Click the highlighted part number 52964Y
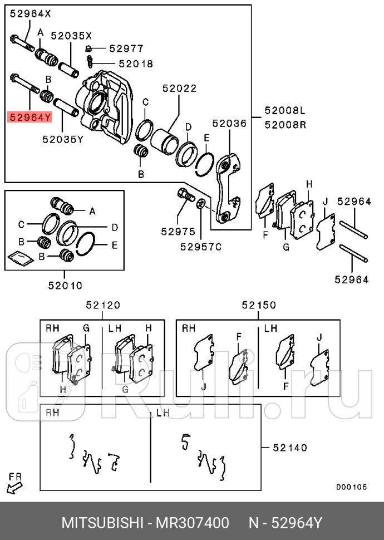click(29, 117)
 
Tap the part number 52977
click(126, 49)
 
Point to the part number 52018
click(135, 64)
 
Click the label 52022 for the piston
click(179, 88)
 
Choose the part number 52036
click(229, 124)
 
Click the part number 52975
click(178, 231)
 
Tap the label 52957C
click(200, 246)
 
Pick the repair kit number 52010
click(65, 286)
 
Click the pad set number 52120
click(102, 305)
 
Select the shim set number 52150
click(259, 305)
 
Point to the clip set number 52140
click(289, 447)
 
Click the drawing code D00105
click(351, 487)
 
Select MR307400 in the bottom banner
click(193, 523)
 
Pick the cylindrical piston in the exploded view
click(164, 141)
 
